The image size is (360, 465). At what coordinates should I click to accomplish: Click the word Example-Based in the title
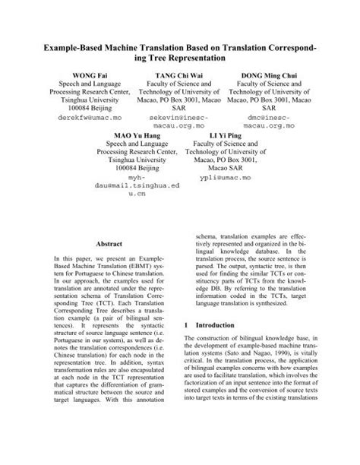(x=76, y=48)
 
